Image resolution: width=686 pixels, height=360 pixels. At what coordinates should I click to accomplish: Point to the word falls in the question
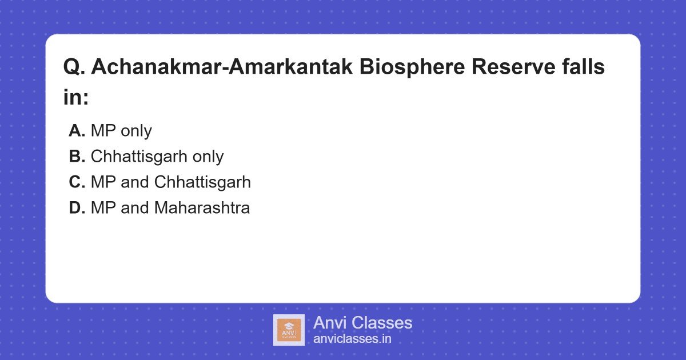[583, 67]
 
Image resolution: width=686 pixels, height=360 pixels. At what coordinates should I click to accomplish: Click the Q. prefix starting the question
[74, 67]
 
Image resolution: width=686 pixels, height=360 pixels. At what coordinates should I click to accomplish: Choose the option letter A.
[77, 131]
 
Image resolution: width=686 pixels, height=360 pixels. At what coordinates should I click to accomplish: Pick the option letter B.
[77, 157]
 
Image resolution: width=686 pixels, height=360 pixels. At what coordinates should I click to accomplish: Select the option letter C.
[77, 182]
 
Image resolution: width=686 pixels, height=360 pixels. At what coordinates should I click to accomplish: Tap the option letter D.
[77, 208]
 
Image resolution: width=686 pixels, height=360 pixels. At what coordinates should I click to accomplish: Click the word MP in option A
[103, 131]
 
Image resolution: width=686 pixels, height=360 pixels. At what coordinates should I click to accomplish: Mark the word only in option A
[136, 131]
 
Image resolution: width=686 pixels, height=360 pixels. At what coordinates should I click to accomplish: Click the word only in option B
[208, 157]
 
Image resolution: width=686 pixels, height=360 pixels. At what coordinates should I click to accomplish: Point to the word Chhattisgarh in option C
[202, 182]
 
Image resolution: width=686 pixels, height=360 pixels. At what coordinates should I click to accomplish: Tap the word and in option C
[135, 182]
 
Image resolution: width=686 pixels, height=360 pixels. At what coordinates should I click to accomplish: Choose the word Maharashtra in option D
[202, 208]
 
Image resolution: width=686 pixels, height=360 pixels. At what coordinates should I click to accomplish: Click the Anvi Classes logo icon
[289, 330]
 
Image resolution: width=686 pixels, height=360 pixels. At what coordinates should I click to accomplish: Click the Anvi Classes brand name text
[362, 323]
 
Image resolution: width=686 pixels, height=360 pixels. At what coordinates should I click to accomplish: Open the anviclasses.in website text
[352, 339]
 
